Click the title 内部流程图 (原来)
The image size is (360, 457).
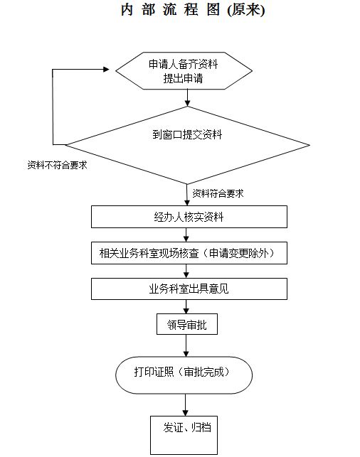pos(193,10)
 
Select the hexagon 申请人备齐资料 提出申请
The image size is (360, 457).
pos(184,71)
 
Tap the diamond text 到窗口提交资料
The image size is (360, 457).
pos(187,134)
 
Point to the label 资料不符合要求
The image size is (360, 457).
pos(57,165)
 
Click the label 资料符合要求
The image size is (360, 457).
pos(218,193)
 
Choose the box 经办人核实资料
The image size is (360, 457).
pos(189,217)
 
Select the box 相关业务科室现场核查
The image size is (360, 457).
pos(189,253)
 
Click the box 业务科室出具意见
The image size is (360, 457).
pos(189,289)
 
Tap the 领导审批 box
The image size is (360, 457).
pos(187,324)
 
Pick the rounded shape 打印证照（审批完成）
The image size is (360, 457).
pos(184,375)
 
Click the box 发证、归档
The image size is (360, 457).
pos(184,435)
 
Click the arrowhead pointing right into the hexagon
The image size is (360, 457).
pos(106,70)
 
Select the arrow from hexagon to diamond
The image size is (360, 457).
pos(187,97)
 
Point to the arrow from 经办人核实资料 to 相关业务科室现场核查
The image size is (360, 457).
pos(186,235)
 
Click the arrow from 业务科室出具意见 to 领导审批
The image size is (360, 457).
pos(186,306)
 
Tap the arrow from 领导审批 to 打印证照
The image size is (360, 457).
pos(186,345)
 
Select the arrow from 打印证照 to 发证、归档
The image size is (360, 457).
pos(185,405)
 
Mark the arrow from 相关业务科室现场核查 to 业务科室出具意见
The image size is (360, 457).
pos(186,271)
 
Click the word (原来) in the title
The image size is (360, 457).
pos(246,10)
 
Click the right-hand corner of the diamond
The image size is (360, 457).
pos(309,145)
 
